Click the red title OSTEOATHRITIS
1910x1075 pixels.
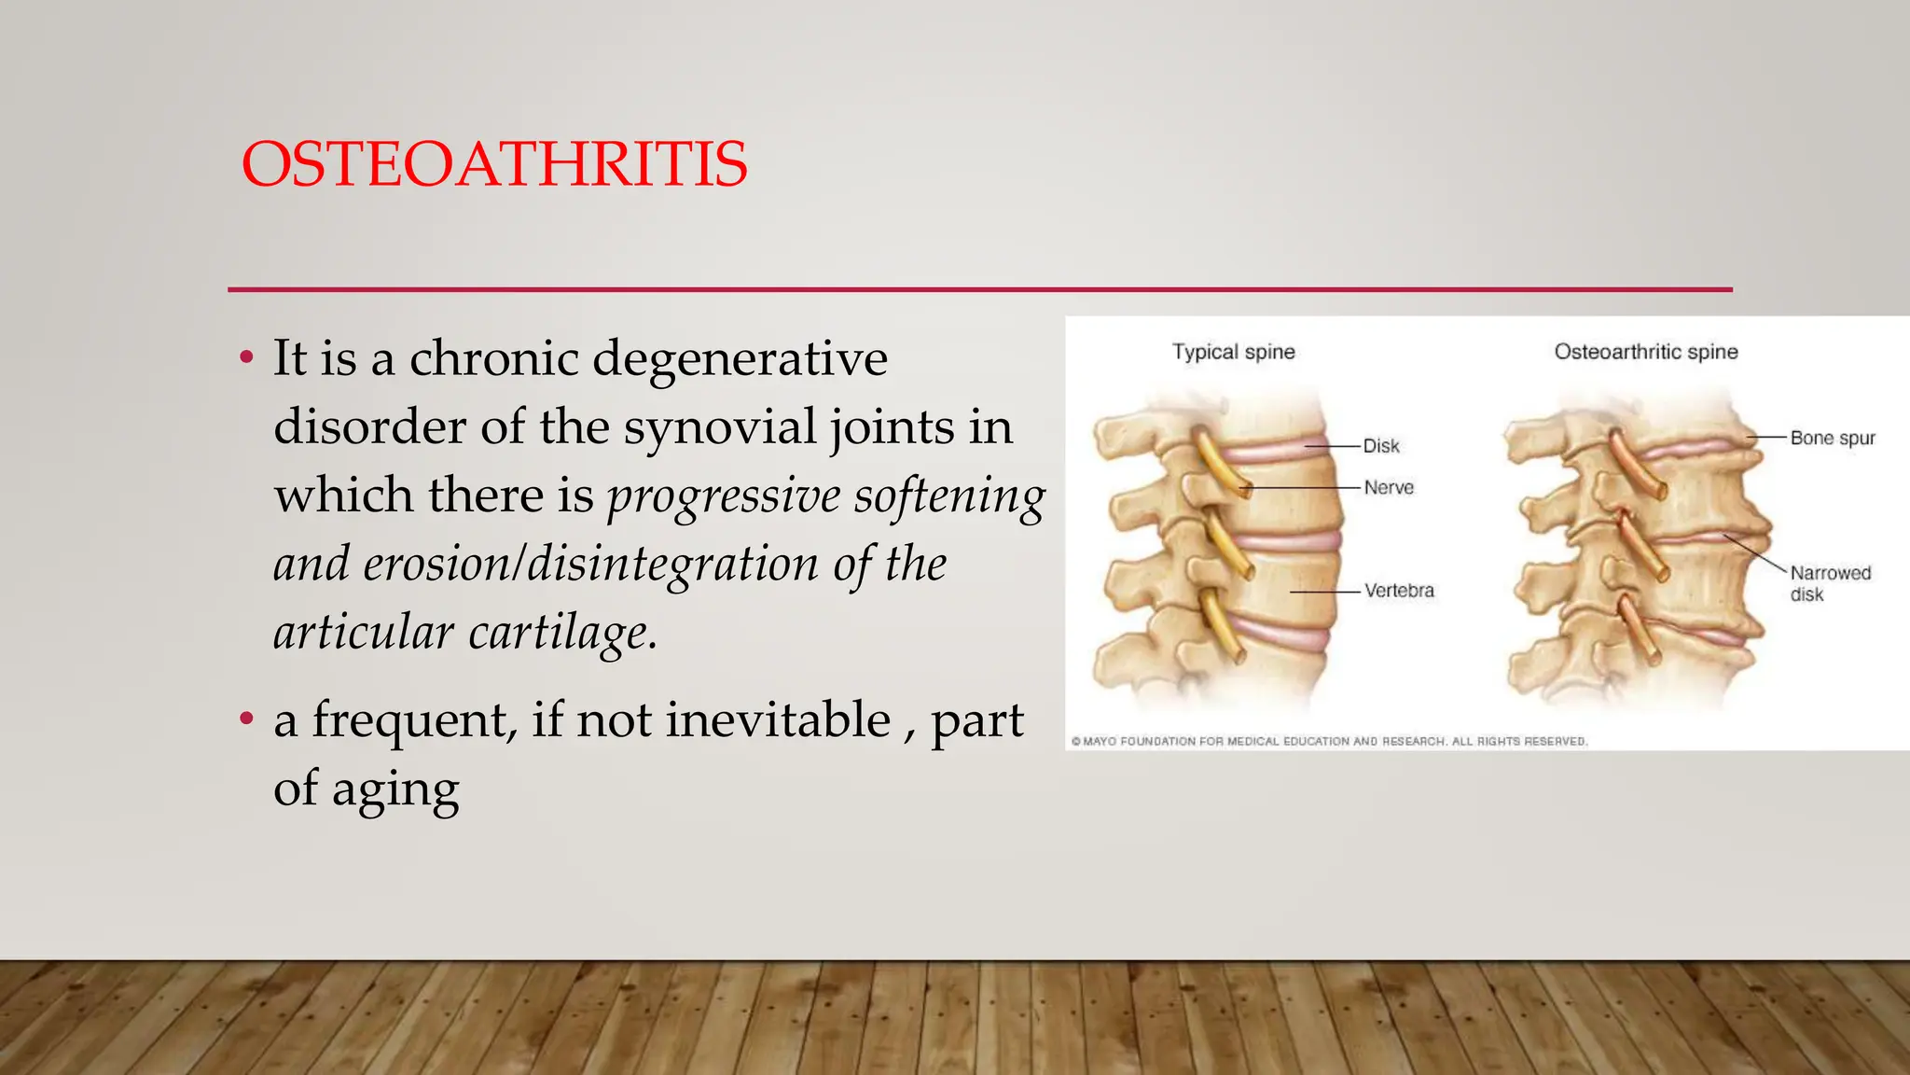tap(493, 164)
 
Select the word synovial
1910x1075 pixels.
tap(720, 427)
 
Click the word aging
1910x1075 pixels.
tap(394, 789)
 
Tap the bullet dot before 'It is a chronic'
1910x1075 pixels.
tap(246, 357)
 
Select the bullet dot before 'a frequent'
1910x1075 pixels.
tap(246, 719)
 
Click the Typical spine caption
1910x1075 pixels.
tap(1233, 352)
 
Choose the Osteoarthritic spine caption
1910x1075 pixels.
tap(1645, 352)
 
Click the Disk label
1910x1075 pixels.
tap(1380, 446)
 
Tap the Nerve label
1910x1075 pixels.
tap(1388, 487)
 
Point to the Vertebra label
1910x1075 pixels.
tap(1398, 591)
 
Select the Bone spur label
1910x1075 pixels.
tap(1832, 438)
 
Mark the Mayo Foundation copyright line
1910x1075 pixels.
tap(1328, 741)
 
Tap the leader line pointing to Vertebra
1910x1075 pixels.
tap(1324, 592)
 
